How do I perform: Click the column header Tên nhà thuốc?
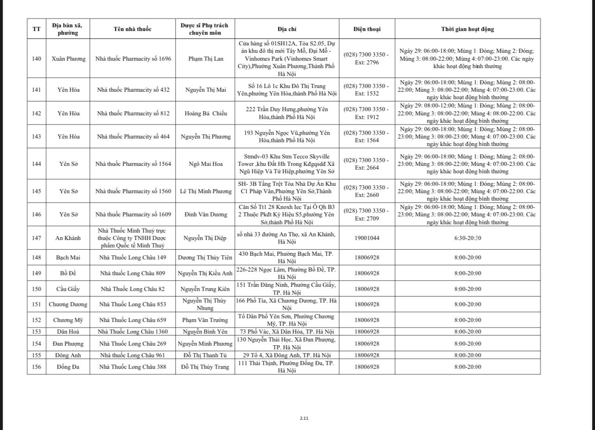pos(133,29)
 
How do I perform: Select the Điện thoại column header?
pos(367,29)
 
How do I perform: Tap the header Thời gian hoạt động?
pos(467,29)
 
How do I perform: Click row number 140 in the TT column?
pos(37,59)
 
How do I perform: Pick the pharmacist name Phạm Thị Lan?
pos(206,59)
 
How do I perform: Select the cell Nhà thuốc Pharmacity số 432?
pos(133,90)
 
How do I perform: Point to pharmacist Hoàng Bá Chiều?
pos(206,114)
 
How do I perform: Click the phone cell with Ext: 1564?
pos(367,137)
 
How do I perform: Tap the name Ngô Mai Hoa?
pos(206,164)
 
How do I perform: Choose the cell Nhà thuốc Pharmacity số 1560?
pos(133,191)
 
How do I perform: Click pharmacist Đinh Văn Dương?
pos(206,215)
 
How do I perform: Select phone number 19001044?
pos(367,238)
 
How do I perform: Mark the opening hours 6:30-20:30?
pos(467,238)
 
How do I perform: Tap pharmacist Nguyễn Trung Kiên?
pos(205,289)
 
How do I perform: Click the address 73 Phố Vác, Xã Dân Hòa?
pos(287,332)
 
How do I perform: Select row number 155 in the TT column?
pos(37,355)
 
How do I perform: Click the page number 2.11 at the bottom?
pos(304,418)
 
